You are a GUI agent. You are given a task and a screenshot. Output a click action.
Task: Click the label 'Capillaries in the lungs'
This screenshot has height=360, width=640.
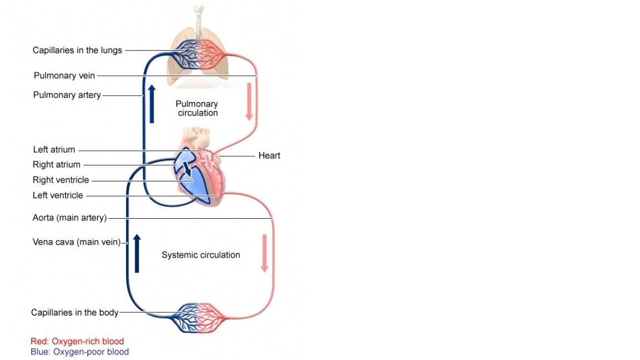[77, 50]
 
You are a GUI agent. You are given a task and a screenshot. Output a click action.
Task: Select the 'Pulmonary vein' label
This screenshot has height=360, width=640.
[64, 76]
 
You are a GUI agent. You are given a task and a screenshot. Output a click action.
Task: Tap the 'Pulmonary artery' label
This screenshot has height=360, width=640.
[67, 95]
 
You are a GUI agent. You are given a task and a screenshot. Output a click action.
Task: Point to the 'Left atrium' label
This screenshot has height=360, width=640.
[54, 150]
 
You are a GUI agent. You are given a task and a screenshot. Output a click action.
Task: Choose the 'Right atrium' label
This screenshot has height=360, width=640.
[57, 165]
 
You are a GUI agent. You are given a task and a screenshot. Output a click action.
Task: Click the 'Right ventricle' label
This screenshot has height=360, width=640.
[61, 180]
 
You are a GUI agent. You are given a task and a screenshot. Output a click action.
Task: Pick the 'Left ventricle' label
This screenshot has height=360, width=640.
[58, 195]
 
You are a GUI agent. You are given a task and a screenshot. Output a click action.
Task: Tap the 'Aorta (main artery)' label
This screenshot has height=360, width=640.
[70, 218]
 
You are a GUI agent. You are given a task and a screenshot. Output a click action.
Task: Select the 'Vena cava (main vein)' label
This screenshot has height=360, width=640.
[77, 242]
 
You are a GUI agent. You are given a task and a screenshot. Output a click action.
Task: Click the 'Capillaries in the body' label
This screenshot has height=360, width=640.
[75, 313]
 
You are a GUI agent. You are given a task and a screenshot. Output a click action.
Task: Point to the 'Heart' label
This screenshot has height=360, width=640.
[269, 156]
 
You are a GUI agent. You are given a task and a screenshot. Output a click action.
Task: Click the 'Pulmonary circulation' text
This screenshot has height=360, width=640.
[197, 109]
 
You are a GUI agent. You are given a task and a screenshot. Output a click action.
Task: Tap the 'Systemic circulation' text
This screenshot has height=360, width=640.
[201, 255]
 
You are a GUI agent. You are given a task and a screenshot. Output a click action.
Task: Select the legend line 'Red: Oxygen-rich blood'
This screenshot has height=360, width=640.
[77, 342]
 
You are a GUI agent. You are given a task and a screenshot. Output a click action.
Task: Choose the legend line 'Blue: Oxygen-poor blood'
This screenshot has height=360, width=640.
[80, 352]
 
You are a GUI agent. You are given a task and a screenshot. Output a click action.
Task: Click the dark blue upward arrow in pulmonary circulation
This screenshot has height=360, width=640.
[151, 103]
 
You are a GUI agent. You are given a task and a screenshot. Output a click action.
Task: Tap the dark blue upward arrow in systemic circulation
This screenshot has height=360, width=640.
[137, 253]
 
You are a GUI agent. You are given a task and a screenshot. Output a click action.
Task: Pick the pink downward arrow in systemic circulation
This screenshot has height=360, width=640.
[265, 253]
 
